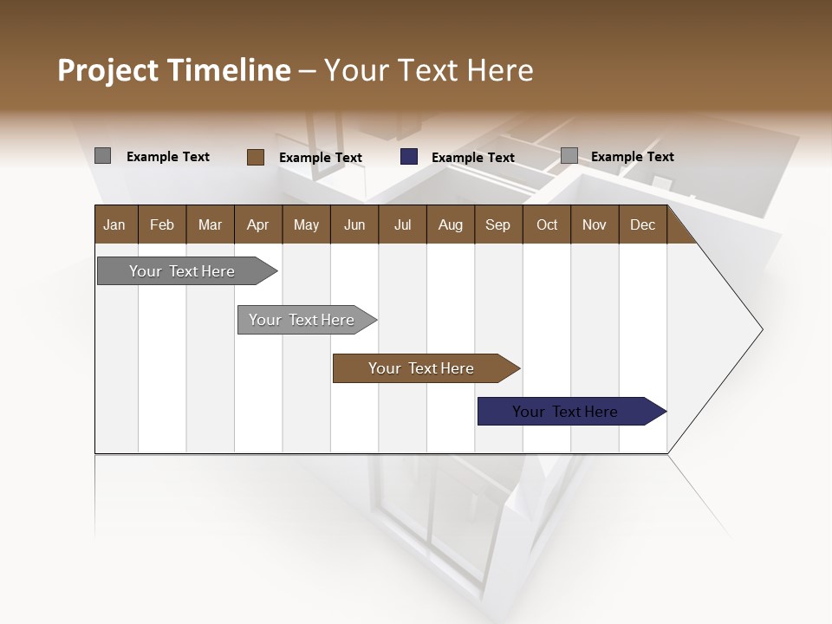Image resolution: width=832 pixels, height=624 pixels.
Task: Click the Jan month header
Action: click(114, 224)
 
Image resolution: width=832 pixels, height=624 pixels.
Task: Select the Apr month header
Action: click(258, 224)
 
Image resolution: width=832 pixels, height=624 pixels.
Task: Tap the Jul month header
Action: click(402, 224)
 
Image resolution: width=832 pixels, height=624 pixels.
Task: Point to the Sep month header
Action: click(497, 224)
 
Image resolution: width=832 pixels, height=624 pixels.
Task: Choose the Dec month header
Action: click(642, 224)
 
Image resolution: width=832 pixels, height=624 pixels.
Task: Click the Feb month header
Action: click(162, 224)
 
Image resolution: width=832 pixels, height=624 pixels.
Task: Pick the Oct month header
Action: click(547, 224)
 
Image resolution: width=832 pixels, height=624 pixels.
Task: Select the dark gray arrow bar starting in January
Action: click(182, 271)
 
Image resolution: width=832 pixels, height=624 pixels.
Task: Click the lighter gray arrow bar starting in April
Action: click(302, 320)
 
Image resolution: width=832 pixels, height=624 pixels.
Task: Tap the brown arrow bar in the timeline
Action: click(421, 368)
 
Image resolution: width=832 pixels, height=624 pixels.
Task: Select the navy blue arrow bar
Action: click(565, 412)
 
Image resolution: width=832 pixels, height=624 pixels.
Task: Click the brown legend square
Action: click(255, 157)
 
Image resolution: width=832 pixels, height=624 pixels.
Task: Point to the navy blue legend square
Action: click(409, 157)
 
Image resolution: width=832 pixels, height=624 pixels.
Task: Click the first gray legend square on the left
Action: click(102, 156)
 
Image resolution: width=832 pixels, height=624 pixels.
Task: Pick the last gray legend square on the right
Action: click(569, 156)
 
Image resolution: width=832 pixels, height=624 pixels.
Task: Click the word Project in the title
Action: click(107, 70)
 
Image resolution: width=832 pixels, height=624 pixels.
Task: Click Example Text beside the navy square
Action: click(473, 158)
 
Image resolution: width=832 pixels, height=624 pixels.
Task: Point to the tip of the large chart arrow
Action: click(760, 328)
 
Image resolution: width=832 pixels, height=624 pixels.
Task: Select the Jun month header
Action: click(354, 224)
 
